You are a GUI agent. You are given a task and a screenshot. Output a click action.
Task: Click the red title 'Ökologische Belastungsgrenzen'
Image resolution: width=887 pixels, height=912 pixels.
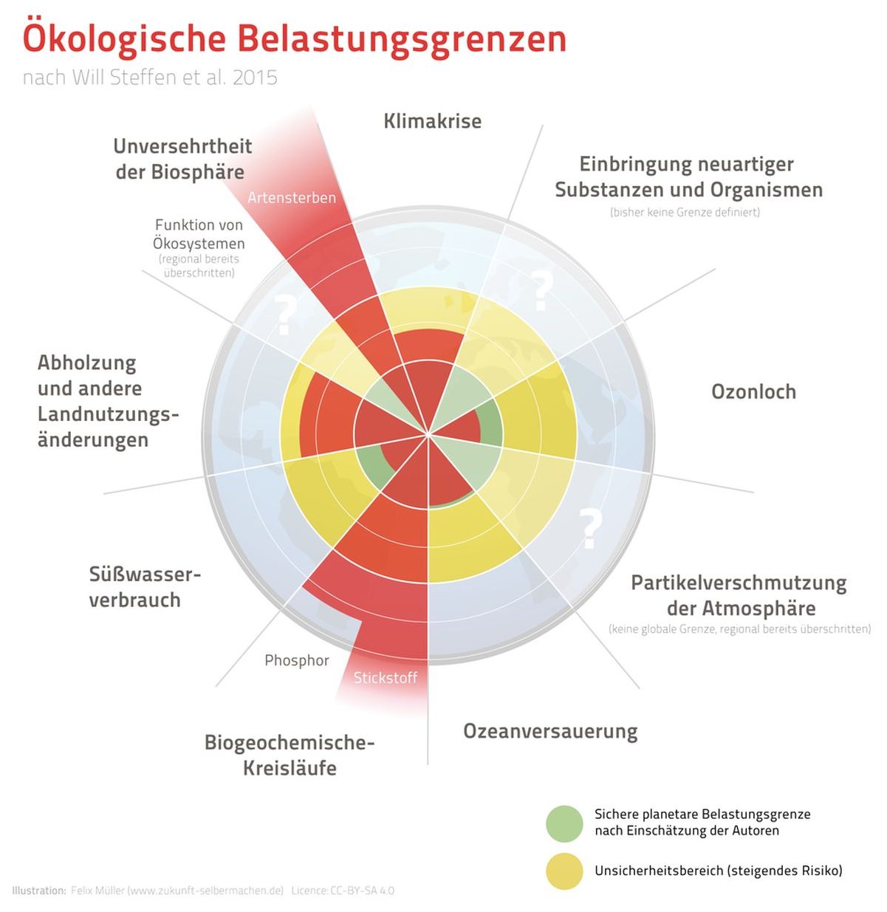point(294,38)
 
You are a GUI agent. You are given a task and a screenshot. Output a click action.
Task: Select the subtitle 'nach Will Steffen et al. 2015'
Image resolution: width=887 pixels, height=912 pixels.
point(150,78)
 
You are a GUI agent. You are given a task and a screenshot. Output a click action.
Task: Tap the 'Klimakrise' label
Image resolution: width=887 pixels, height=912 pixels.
point(432,121)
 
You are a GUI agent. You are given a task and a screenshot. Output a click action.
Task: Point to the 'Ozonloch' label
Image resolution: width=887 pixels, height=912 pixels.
point(753,391)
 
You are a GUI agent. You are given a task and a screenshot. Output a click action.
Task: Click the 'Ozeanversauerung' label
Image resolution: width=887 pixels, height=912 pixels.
point(550,731)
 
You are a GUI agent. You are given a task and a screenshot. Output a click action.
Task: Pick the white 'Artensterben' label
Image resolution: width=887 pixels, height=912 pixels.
point(292,198)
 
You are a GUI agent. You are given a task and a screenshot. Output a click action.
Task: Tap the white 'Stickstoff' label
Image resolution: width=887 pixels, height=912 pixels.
point(385,678)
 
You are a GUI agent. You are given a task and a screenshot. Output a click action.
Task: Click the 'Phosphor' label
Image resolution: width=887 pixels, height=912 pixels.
point(297,660)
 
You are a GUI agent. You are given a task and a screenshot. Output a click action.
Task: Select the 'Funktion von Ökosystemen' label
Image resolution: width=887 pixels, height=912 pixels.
point(199,234)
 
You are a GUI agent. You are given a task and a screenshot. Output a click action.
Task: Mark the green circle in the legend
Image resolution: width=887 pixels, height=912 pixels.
point(564,823)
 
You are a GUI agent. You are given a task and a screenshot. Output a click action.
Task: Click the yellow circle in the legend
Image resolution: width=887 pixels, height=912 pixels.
point(564,871)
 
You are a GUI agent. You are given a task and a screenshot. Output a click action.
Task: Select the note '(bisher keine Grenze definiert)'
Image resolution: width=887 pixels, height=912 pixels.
point(685,213)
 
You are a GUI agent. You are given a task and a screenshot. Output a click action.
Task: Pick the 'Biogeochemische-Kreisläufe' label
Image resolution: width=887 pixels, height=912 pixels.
point(290,755)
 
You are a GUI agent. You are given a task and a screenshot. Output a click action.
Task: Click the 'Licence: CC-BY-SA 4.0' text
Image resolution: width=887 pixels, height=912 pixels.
point(343,891)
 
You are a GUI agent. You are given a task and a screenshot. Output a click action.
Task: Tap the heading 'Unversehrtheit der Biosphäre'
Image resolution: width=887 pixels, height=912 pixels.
point(182,159)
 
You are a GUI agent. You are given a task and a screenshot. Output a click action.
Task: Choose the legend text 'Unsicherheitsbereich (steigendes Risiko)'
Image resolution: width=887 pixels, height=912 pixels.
point(718,871)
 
